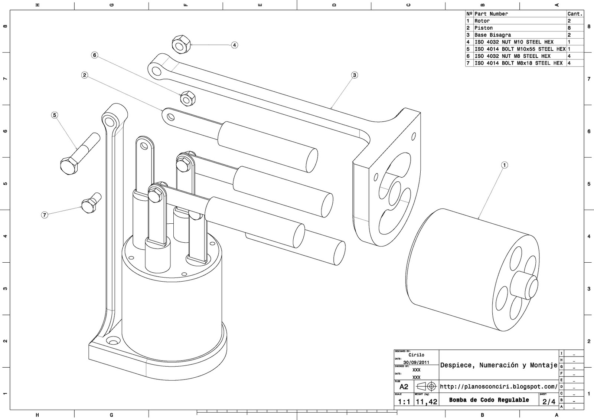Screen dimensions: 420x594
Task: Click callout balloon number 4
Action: tap(234, 45)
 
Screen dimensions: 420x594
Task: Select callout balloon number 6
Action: tap(95, 55)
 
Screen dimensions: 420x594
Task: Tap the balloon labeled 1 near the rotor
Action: tap(504, 165)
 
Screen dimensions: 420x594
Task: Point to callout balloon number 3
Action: tap(355, 75)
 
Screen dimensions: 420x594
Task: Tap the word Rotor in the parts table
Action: tap(482, 21)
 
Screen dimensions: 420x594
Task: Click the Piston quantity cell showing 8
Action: tap(569, 28)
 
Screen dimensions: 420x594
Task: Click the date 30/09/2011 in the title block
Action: tap(416, 362)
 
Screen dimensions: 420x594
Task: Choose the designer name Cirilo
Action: tap(416, 355)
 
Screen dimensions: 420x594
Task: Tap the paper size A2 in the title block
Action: tap(404, 387)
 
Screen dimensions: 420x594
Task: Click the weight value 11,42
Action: tap(426, 401)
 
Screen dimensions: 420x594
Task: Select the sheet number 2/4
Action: tap(549, 401)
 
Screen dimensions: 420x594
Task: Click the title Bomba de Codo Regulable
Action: tap(489, 400)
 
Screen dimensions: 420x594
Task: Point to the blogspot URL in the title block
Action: tap(498, 387)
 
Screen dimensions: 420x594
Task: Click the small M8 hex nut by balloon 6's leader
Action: tap(187, 98)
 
